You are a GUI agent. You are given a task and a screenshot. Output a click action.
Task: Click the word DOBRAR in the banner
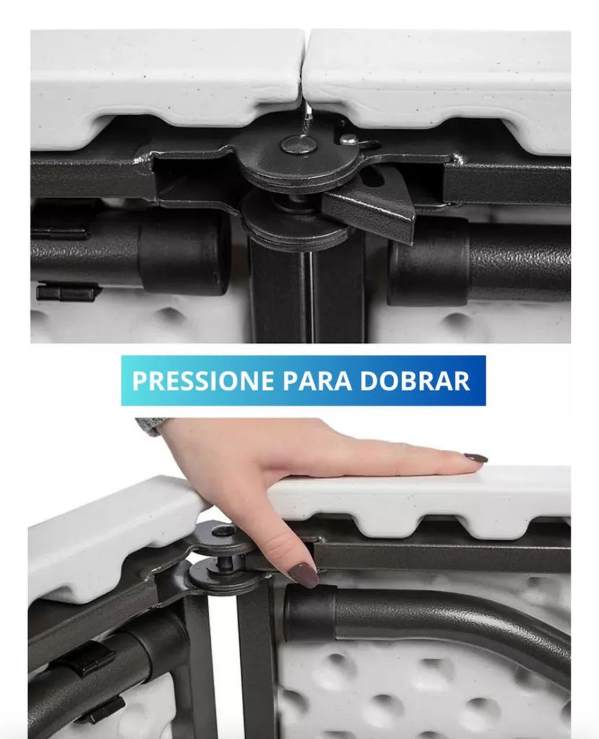click(x=415, y=381)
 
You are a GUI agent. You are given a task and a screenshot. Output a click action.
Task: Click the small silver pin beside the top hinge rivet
click(x=347, y=139)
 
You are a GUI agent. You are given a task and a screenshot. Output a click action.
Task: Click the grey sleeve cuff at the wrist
click(x=147, y=426)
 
